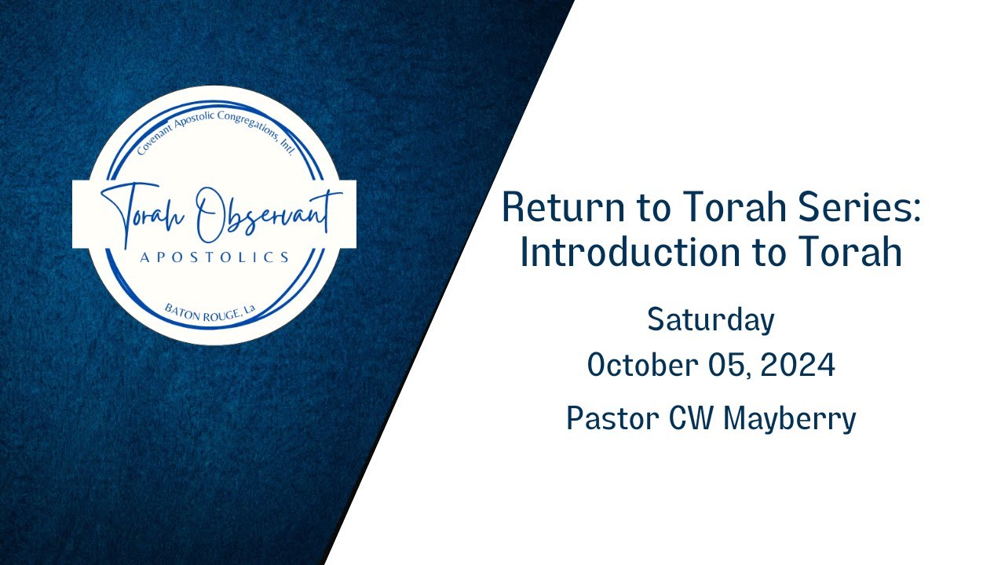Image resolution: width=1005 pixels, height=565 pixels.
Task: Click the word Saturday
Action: point(711,319)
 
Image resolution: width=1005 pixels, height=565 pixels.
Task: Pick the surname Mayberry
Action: point(789,418)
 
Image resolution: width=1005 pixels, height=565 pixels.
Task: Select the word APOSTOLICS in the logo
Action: point(214,257)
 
